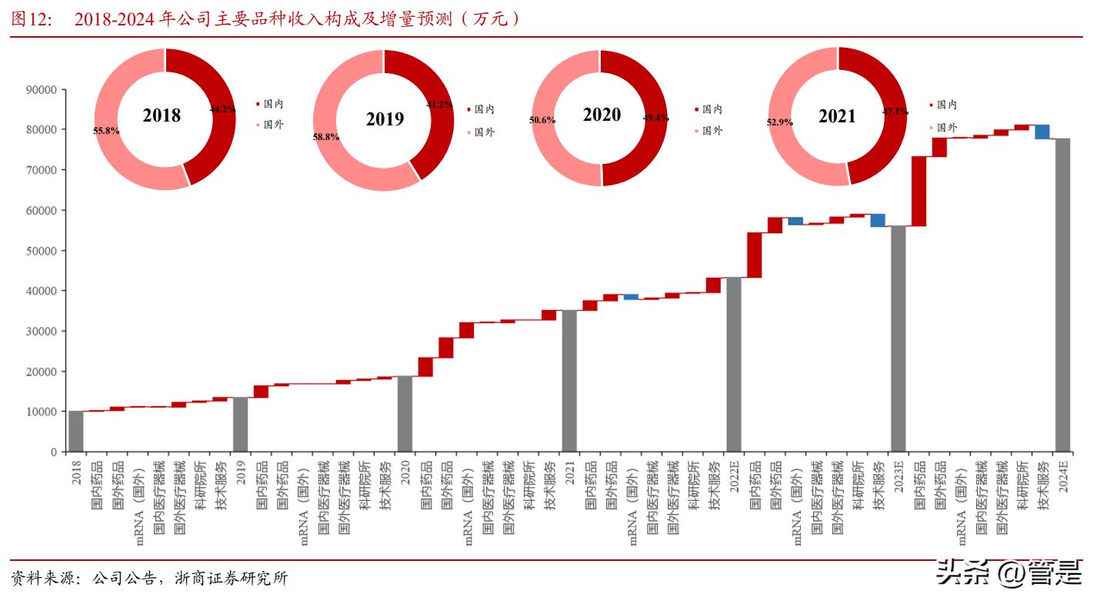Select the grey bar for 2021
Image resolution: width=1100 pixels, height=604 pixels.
[x=569, y=381]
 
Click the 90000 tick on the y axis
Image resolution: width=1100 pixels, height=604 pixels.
[x=41, y=89]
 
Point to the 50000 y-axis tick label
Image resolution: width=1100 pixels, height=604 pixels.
[x=41, y=251]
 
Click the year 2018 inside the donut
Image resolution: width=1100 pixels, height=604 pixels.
[x=162, y=116]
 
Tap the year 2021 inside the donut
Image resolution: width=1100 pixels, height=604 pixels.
[x=837, y=116]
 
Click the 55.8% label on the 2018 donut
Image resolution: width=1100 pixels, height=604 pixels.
[x=106, y=131]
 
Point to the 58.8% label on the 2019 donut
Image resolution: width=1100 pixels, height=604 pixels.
[x=326, y=137]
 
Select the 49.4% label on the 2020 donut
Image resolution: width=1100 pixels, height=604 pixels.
[x=655, y=118]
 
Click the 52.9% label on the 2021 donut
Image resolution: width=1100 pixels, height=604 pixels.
[x=780, y=122]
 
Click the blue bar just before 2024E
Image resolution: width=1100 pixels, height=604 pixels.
[x=1042, y=132]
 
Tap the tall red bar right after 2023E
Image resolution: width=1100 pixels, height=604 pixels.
[x=918, y=191]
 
